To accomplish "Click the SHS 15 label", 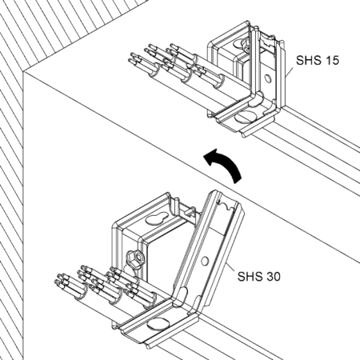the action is [x=318, y=60].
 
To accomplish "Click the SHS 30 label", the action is [x=259, y=276].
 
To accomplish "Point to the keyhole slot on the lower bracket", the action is [x=155, y=219].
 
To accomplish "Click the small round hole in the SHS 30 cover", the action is [x=205, y=261].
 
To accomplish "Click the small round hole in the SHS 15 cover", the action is [x=267, y=78].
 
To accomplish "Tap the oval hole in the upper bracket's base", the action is [x=246, y=117].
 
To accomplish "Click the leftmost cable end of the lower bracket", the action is [x=57, y=283].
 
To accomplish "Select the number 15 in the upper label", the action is [x=332, y=60].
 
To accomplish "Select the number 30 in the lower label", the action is [x=273, y=276].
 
